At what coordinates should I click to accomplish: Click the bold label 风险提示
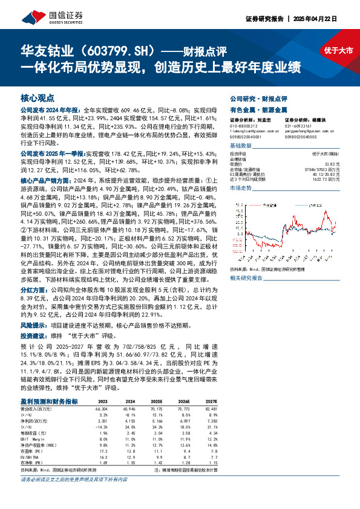click(35, 325)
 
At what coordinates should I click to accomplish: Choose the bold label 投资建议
click(35, 335)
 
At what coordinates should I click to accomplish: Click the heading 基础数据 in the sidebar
click(243, 147)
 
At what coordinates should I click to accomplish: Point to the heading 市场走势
click(243, 189)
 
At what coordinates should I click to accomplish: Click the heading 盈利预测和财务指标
click(49, 401)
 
